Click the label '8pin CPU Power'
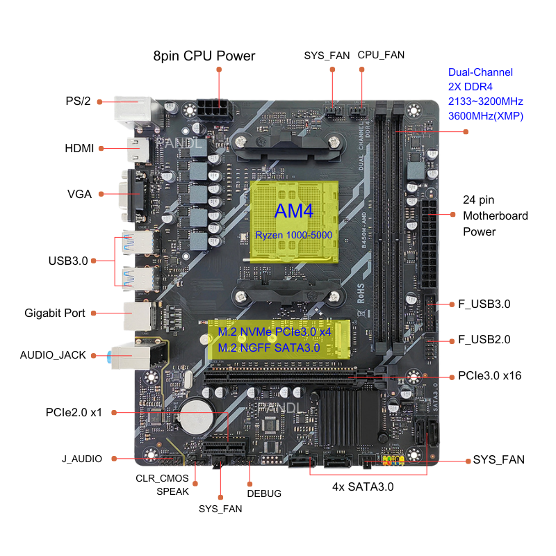pyautogui.click(x=204, y=56)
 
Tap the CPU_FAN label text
pyautogui.click(x=381, y=55)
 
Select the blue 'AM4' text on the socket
pyautogui.click(x=293, y=211)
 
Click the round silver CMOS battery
pyautogui.click(x=196, y=417)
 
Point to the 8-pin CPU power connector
pyautogui.click(x=214, y=110)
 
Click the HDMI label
pyautogui.click(x=79, y=148)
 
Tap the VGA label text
pyautogui.click(x=79, y=194)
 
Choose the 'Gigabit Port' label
pyautogui.click(x=55, y=313)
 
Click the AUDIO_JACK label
pyautogui.click(x=53, y=355)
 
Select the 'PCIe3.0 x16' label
pyautogui.click(x=490, y=375)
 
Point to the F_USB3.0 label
pyautogui.click(x=484, y=304)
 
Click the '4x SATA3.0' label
pyautogui.click(x=363, y=487)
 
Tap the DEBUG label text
pyautogui.click(x=264, y=493)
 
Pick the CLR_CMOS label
pyautogui.click(x=162, y=478)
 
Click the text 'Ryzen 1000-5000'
pyautogui.click(x=293, y=235)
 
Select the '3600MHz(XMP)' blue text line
pyautogui.click(x=485, y=116)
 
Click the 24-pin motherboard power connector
pyautogui.click(x=428, y=244)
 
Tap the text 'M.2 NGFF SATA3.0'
pyautogui.click(x=269, y=348)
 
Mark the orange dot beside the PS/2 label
pyautogui.click(x=99, y=102)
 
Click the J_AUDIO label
pyautogui.click(x=82, y=459)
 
